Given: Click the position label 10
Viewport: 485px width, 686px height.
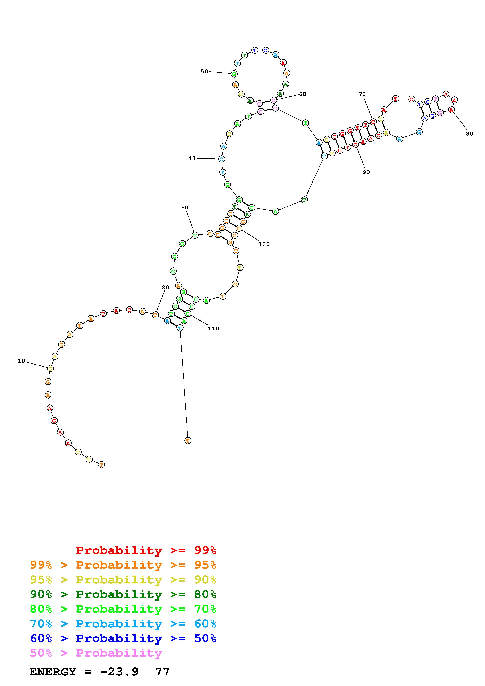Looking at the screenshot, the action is point(22,361).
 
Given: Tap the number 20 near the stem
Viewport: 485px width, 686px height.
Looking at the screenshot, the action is point(166,287).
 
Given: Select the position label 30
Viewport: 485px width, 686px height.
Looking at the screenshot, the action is point(185,208).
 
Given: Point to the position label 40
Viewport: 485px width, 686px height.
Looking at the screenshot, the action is point(192,158).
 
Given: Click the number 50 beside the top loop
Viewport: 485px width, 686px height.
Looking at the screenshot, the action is point(204,71).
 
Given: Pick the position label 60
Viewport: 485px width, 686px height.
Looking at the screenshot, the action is point(303,94).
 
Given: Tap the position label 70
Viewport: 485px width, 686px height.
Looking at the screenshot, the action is point(362,94).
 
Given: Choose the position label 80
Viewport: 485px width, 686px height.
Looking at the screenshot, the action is point(470,134).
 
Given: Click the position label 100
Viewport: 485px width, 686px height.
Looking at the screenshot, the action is point(264,244).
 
